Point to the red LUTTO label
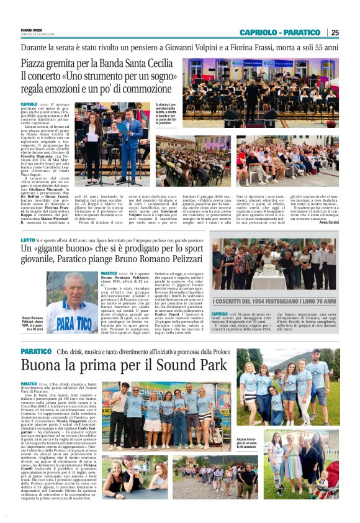click(27, 240)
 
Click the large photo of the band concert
click(269, 93)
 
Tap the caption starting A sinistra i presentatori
click(172, 116)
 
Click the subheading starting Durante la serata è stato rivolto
click(180, 47)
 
